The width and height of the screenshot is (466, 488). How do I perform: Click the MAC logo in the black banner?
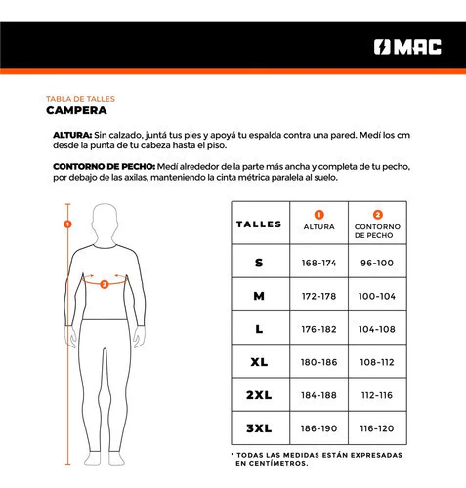(x=407, y=47)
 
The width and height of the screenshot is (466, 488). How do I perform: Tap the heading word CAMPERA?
(x=76, y=110)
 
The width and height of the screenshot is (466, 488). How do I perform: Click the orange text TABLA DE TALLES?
(x=80, y=99)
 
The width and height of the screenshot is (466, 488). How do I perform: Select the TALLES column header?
(x=259, y=224)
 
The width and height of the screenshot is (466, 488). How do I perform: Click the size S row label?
(x=259, y=263)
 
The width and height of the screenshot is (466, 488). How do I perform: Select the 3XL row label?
(x=259, y=428)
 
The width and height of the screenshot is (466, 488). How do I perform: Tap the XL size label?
(x=259, y=362)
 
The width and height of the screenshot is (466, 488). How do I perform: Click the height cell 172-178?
(x=318, y=296)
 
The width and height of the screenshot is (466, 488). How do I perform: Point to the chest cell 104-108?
(x=377, y=329)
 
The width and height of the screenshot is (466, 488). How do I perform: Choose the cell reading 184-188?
(x=318, y=395)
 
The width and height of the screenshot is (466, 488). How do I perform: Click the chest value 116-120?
(x=377, y=428)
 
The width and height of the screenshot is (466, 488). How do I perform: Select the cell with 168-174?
(x=318, y=263)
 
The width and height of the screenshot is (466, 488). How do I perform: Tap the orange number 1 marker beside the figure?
(x=67, y=224)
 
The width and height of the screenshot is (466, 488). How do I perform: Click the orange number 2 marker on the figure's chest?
(x=105, y=285)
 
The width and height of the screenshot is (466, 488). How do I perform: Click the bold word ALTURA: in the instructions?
(x=72, y=135)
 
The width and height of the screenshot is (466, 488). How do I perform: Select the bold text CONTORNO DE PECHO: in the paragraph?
(x=104, y=167)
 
